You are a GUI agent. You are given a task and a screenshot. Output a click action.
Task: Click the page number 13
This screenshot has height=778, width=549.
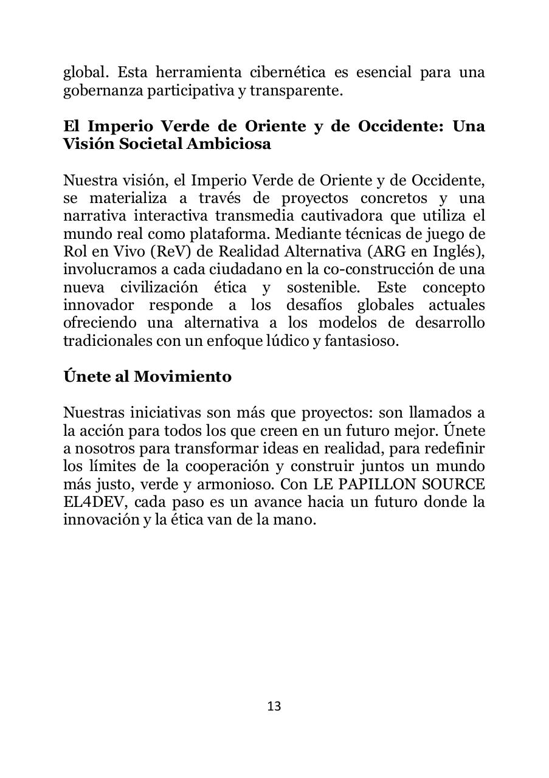tap(274, 706)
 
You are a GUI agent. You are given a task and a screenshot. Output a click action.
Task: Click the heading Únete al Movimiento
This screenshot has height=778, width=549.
tap(147, 376)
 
